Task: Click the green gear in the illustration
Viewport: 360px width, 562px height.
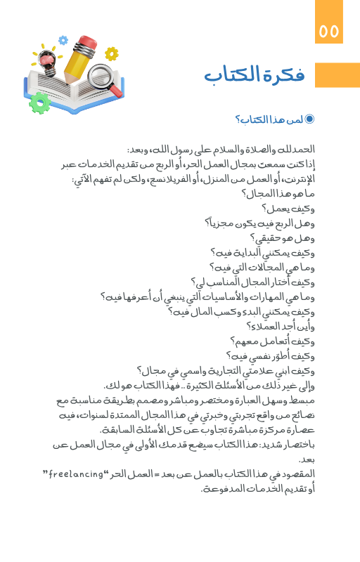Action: coord(40,103)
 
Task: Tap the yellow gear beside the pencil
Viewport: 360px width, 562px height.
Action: coord(111,53)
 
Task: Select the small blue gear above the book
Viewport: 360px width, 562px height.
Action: coord(63,40)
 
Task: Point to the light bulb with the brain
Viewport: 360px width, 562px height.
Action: coord(46,62)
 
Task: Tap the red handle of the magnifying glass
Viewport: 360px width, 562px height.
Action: coord(116,91)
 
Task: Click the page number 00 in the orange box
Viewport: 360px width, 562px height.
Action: coord(329,32)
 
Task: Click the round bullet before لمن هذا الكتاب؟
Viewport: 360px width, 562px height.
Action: coord(310,119)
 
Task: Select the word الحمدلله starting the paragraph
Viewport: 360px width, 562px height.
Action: coord(297,150)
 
